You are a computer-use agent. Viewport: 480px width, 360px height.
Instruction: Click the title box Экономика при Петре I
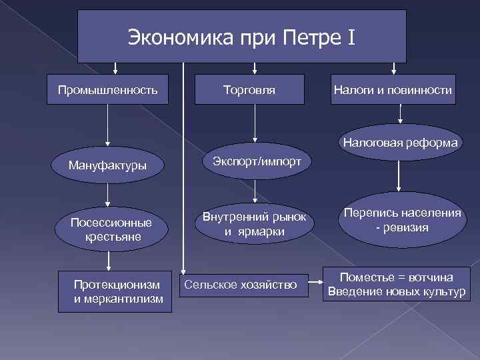[x=241, y=36]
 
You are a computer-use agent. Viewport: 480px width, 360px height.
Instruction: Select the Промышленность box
[x=107, y=89]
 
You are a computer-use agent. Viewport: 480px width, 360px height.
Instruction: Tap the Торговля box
[x=249, y=89]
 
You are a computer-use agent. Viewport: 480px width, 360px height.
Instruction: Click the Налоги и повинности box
[x=393, y=89]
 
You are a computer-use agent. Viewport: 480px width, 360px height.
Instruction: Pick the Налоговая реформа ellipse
[x=400, y=142]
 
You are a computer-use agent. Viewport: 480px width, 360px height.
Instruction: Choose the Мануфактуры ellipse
[x=107, y=165]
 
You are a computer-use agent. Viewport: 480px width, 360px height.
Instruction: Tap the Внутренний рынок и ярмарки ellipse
[x=254, y=224]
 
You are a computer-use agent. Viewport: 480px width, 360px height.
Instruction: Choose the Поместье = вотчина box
[x=397, y=284]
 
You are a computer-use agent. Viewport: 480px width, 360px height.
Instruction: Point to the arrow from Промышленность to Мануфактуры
[x=107, y=127]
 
